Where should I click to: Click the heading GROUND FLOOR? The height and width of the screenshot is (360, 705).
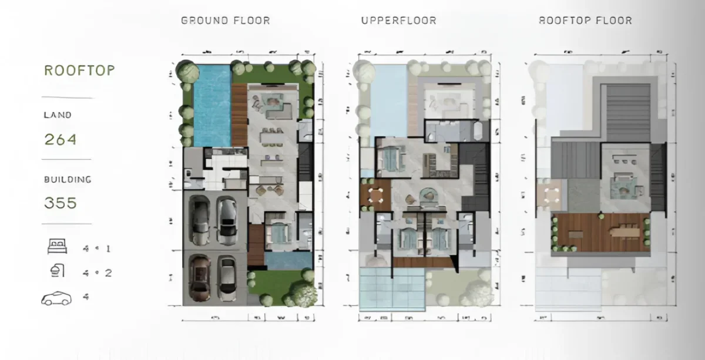pyautogui.click(x=226, y=21)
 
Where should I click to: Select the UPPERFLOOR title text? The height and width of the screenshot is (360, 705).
pyautogui.click(x=398, y=21)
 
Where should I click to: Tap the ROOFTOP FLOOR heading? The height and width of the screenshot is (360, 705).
pyautogui.click(x=585, y=21)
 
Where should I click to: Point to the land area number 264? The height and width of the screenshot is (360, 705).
pyautogui.click(x=61, y=140)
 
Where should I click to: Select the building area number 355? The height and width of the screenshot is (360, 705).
pyautogui.click(x=61, y=203)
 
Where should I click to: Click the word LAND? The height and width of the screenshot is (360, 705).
pyautogui.click(x=58, y=115)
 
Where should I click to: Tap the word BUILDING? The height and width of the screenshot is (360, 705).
pyautogui.click(x=68, y=179)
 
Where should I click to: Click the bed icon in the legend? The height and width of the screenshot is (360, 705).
pyautogui.click(x=57, y=247)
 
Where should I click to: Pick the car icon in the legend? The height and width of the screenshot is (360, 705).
pyautogui.click(x=56, y=299)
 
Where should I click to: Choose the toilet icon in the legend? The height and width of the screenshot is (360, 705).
pyautogui.click(x=58, y=271)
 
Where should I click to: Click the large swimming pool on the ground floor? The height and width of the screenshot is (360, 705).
pyautogui.click(x=211, y=106)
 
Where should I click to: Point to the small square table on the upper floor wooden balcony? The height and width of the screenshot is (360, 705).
pyautogui.click(x=375, y=195)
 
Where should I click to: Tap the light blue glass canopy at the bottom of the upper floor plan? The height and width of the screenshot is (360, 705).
pyautogui.click(x=392, y=289)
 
